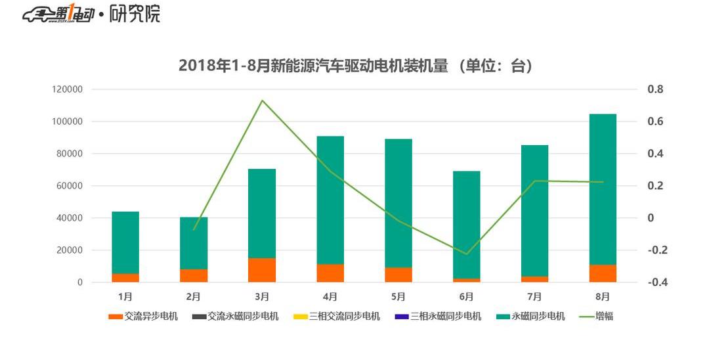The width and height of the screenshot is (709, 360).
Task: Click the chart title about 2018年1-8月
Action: [354, 66]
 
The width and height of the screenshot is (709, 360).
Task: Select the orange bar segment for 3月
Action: [262, 270]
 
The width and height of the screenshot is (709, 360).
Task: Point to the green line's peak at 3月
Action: [262, 101]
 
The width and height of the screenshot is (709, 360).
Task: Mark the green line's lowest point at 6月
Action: [467, 254]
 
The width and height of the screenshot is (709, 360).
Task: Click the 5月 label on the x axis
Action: [398, 296]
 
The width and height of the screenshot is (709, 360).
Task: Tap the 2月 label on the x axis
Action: [194, 296]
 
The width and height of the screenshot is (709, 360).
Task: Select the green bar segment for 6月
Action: [467, 225]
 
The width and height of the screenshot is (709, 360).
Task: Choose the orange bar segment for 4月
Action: [330, 273]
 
